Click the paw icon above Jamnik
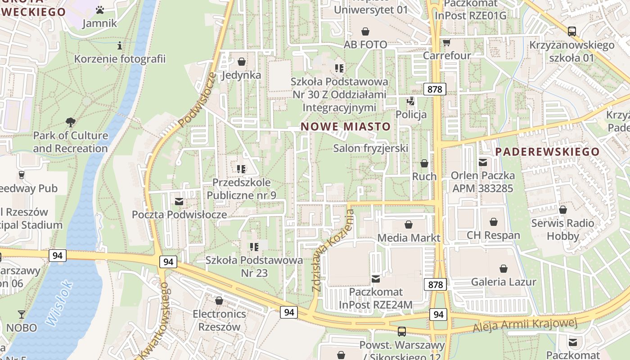tap(100, 9)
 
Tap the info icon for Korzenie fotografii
tap(120, 45)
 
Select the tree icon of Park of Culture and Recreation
tap(70, 121)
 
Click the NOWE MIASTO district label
tap(346, 126)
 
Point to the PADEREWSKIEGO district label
tap(548, 152)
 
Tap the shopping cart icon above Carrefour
tap(446, 42)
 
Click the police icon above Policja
tap(411, 101)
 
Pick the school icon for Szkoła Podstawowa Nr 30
tap(339, 68)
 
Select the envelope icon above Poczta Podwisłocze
tap(179, 201)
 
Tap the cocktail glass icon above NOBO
tap(21, 314)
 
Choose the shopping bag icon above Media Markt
tap(409, 224)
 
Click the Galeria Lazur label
tap(504, 282)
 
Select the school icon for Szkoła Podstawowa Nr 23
tap(254, 247)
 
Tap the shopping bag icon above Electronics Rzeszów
tap(219, 300)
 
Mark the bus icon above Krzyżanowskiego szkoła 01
tap(572, 31)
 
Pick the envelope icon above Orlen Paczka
tap(483, 162)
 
